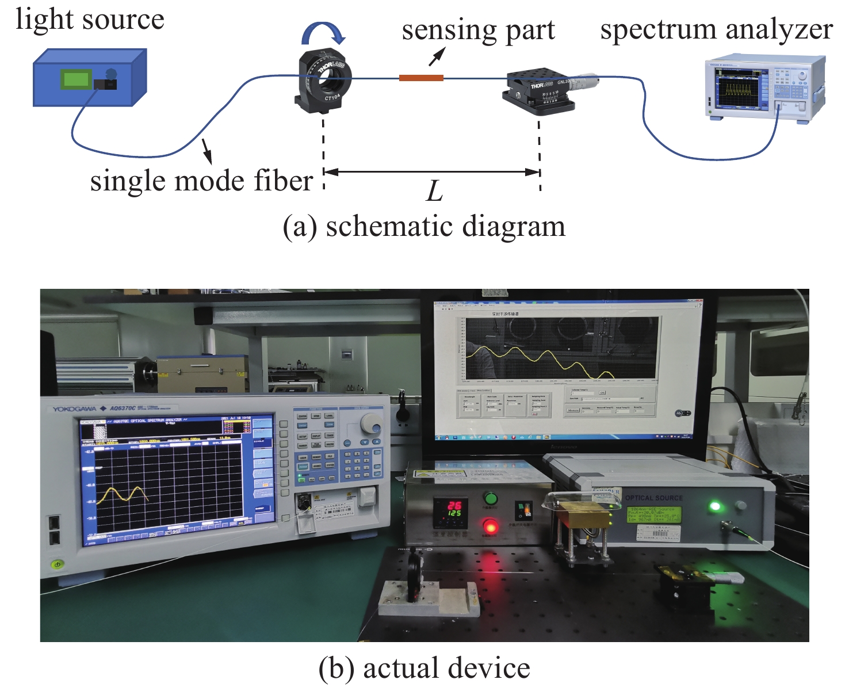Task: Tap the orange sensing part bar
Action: click(421, 78)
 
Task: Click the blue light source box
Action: click(89, 78)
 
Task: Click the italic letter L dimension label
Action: click(434, 191)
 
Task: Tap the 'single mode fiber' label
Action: click(201, 181)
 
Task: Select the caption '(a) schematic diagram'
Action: click(424, 226)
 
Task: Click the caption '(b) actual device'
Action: click(424, 668)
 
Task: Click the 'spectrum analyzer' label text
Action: click(716, 29)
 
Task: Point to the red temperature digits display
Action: click(454, 509)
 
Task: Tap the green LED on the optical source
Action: click(715, 506)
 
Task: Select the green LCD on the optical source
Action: click(653, 515)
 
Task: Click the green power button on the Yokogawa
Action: click(57, 564)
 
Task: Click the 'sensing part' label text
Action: click(478, 30)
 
